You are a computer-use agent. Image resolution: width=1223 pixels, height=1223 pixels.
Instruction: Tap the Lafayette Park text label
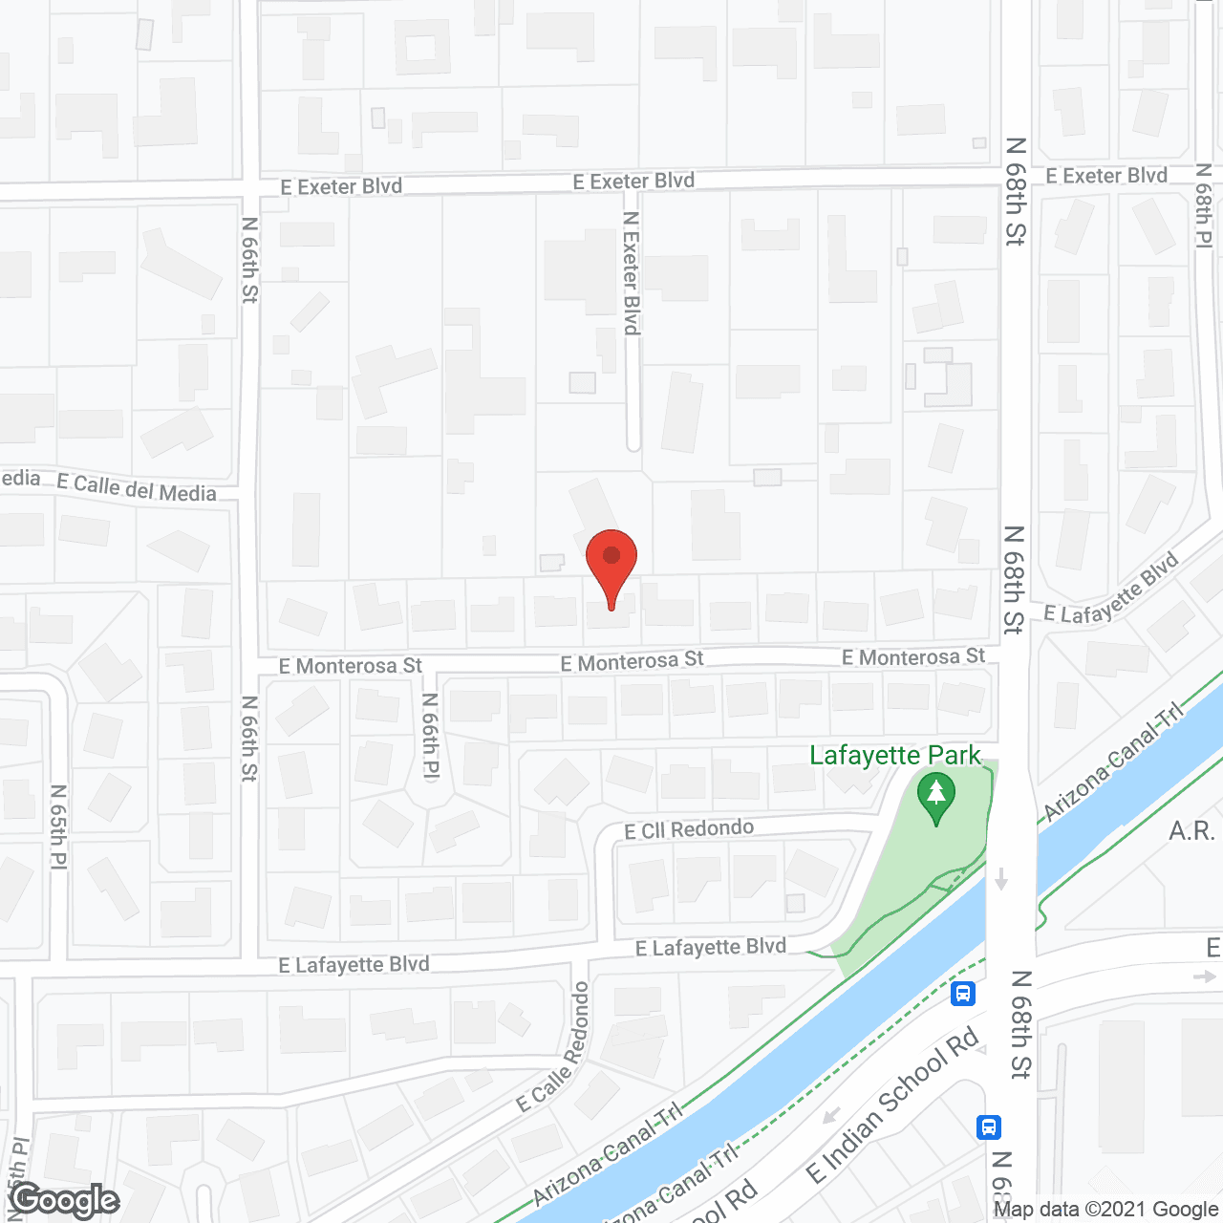894,756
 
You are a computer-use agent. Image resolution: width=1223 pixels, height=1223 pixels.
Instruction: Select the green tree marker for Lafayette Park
936,798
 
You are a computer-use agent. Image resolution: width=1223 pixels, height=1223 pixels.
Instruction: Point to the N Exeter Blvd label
631,273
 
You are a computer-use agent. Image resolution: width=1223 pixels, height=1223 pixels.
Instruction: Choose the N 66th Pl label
430,735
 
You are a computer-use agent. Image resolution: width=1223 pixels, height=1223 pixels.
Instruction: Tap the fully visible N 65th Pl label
58,826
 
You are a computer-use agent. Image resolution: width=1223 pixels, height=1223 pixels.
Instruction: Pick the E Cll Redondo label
689,829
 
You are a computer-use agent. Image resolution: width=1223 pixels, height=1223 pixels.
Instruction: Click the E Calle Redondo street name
553,1048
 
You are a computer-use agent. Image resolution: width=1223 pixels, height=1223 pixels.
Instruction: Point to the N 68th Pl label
1204,205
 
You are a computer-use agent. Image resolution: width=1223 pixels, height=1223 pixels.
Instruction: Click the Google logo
65,1200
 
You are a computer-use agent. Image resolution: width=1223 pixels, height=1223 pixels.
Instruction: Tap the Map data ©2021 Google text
1105,1209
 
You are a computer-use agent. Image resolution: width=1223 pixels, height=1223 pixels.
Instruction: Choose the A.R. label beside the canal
1191,831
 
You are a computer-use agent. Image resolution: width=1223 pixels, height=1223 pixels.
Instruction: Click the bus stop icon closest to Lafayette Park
963,994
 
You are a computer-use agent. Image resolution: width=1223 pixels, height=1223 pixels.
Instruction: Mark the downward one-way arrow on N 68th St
1001,878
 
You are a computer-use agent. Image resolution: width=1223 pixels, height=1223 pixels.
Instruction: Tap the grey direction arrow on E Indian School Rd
831,1115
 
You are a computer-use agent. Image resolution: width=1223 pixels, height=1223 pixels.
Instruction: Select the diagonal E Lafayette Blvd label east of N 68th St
1111,590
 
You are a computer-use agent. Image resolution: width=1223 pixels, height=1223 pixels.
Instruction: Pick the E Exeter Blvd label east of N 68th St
1106,176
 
